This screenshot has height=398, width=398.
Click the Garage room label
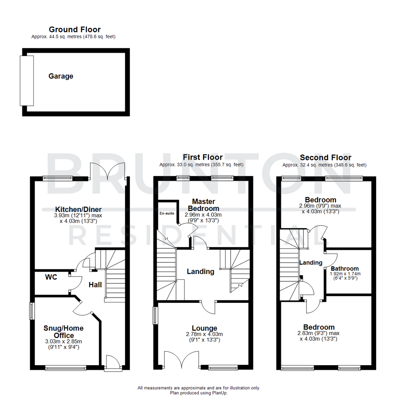pos(61,76)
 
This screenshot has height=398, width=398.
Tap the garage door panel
pos(27,80)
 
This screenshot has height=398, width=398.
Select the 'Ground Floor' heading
pos(74,29)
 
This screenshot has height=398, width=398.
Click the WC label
pos(51,277)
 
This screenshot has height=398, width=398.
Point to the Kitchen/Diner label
pos(73,209)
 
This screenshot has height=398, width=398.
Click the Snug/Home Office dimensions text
pos(63,344)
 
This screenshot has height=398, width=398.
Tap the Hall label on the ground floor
pos(95,284)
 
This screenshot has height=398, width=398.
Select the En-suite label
pos(167,213)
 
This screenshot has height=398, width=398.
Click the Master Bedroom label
pos(203,205)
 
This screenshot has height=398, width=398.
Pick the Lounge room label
pos(204,328)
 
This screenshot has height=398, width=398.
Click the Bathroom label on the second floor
pos(345,268)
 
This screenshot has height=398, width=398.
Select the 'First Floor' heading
pos(201,158)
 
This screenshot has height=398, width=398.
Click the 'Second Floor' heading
pos(325,158)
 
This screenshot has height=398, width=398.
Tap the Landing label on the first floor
pos(200,272)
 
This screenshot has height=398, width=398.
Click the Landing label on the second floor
pos(311,263)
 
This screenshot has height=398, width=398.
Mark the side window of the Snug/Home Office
pos(32,311)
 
